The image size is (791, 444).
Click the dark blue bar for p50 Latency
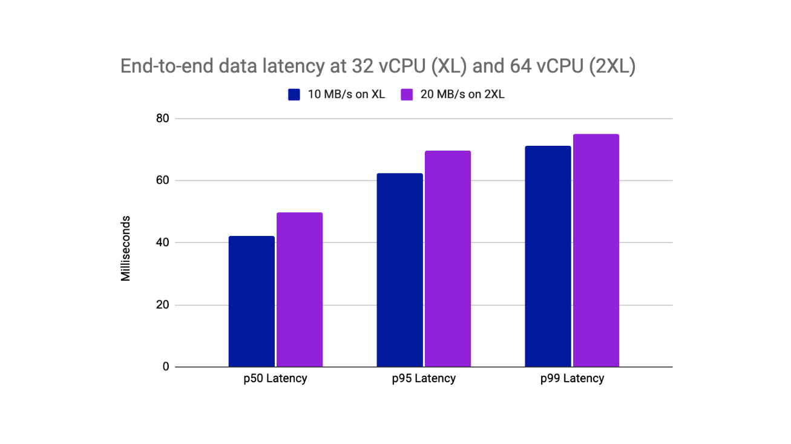[x=251, y=301]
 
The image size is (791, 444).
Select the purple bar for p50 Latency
[x=300, y=290]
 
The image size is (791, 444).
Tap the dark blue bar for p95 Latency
[x=399, y=270]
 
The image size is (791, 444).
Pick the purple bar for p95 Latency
[x=447, y=259]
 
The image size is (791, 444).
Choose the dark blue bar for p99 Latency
[x=548, y=256]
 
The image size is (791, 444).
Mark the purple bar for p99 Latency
[x=596, y=250]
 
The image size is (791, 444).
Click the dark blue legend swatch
[x=294, y=94]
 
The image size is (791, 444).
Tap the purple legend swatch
[x=407, y=94]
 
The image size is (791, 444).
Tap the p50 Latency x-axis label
[x=275, y=379]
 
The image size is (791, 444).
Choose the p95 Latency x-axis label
[x=424, y=379]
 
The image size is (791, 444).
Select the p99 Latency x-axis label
[x=572, y=379]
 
